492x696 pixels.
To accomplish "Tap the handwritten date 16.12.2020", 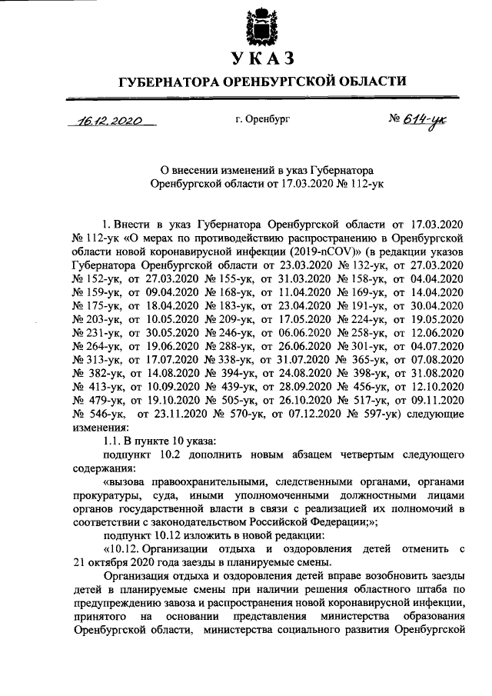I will pyautogui.click(x=111, y=121).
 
